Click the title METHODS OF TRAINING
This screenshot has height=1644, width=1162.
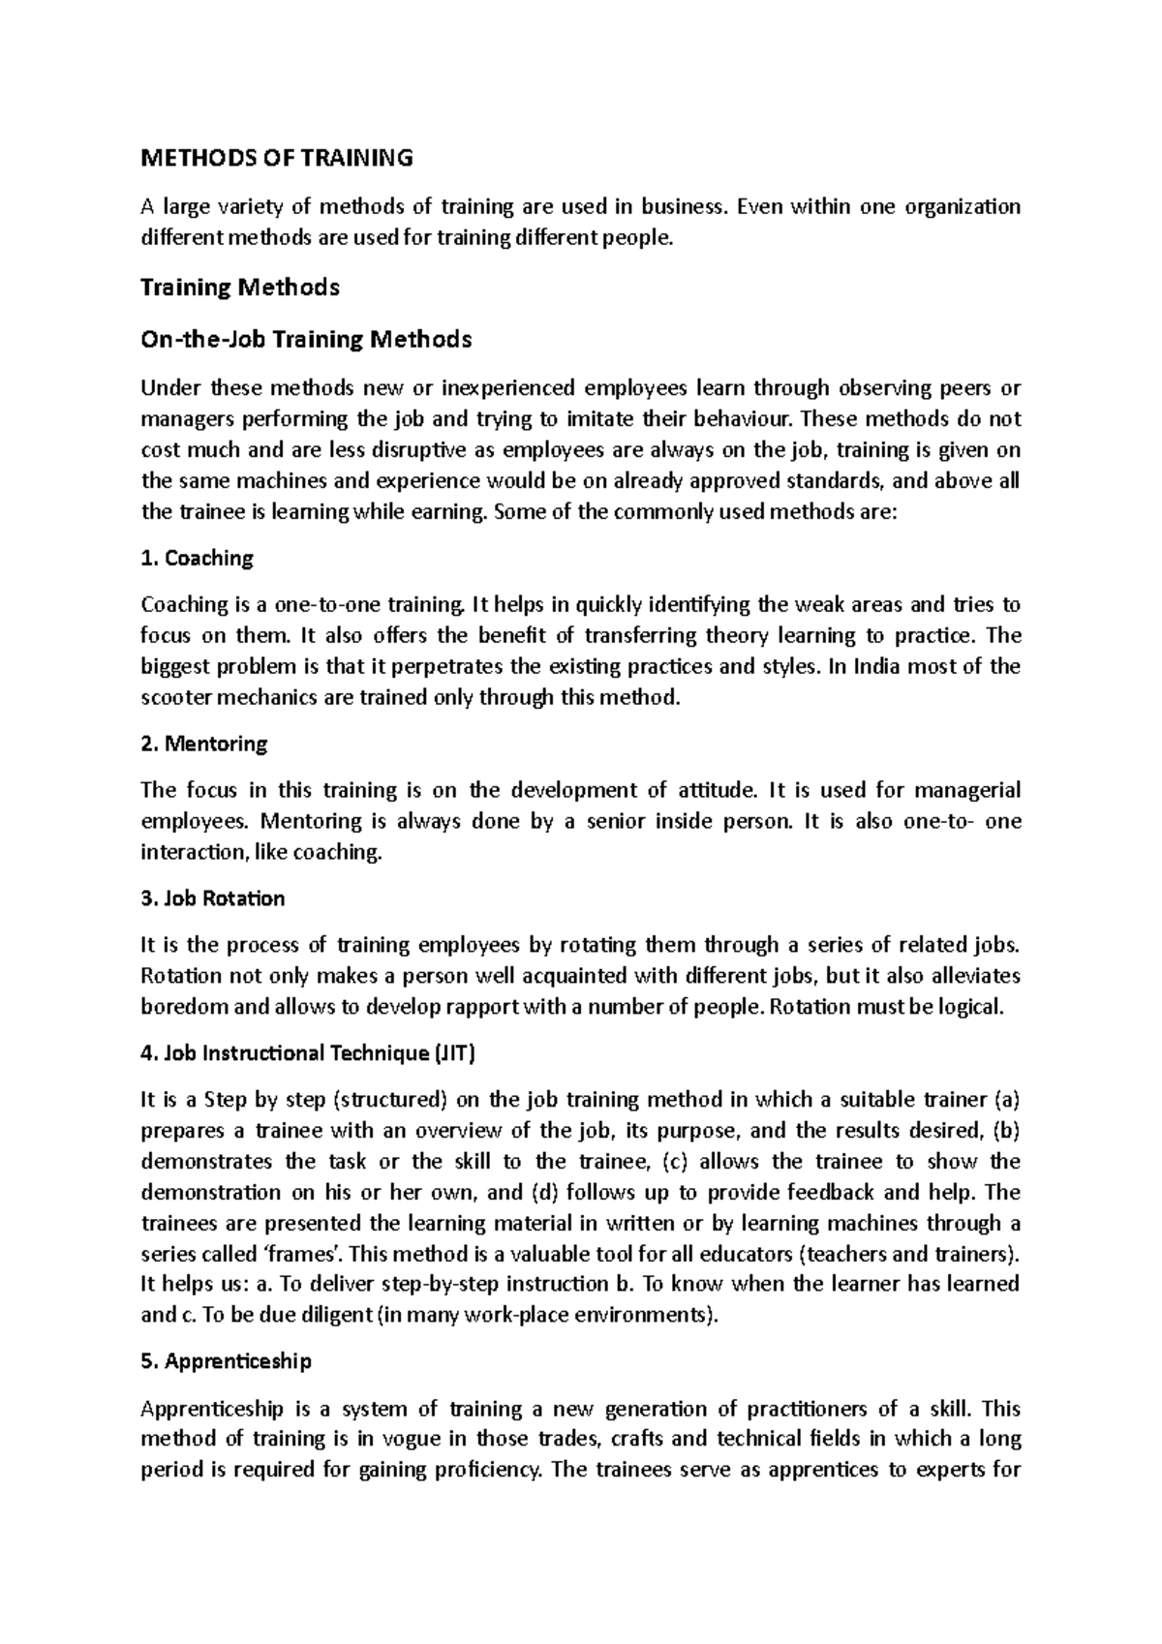click(277, 158)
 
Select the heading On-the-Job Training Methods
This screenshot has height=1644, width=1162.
click(306, 340)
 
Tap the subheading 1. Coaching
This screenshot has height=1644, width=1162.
click(197, 559)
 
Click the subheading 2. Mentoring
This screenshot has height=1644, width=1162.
click(203, 745)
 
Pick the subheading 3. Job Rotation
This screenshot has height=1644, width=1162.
click(212, 899)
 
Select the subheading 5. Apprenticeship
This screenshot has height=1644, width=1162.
click(226, 1362)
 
